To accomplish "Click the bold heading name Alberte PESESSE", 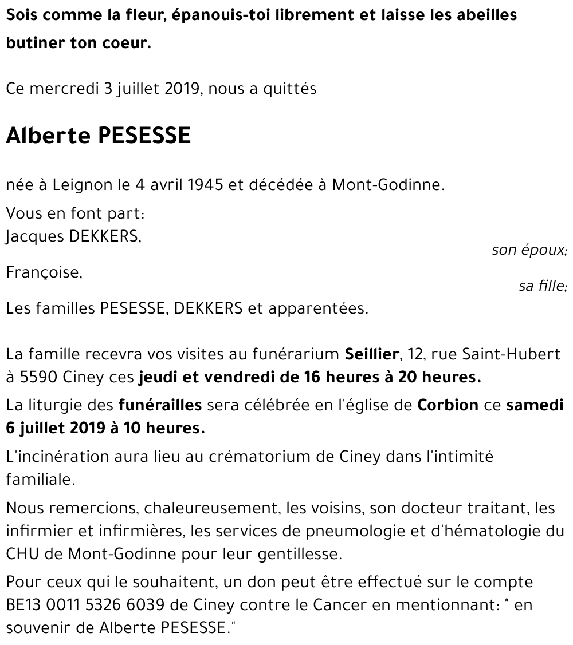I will [x=98, y=136].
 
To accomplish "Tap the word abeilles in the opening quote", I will [x=480, y=15].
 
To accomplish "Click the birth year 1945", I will [x=205, y=185].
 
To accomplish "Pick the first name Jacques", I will [x=35, y=237].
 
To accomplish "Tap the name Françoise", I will [x=44, y=273].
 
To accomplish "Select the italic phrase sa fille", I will [x=542, y=286].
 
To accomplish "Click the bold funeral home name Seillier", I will [x=371, y=355].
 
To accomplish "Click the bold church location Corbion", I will [x=448, y=405].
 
